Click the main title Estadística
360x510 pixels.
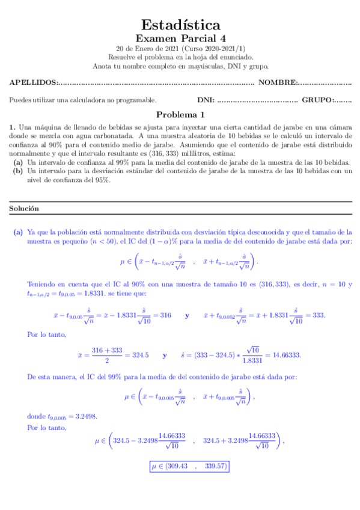[x=180, y=25]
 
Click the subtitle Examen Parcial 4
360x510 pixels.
[x=180, y=38]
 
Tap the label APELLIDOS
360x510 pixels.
[x=34, y=82]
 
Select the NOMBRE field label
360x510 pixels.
[x=277, y=82]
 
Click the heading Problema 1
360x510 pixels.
[x=180, y=114]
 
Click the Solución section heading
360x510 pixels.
[x=24, y=208]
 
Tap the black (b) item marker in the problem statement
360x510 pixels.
[x=18, y=171]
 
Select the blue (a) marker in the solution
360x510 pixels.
[x=18, y=232]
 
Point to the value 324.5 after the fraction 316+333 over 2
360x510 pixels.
[x=139, y=355]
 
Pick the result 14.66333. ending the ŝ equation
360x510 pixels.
[x=286, y=355]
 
